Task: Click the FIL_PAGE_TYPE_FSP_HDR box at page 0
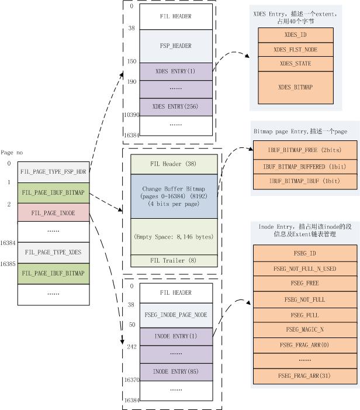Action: pyautogui.click(x=53, y=172)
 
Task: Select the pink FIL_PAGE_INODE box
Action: pyautogui.click(x=53, y=213)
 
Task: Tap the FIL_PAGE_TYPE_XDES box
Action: pyautogui.click(x=53, y=252)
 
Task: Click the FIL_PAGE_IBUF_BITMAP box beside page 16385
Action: pyautogui.click(x=53, y=273)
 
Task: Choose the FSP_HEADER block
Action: pyautogui.click(x=175, y=46)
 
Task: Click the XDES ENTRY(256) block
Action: pyautogui.click(x=175, y=106)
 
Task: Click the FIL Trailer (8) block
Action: pyautogui.click(x=174, y=260)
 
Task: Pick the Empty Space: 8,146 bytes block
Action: pyautogui.click(x=174, y=236)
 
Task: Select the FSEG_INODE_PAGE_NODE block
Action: pyautogui.click(x=175, y=315)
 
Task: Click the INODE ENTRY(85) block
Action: pyautogui.click(x=175, y=371)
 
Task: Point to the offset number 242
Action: pyautogui.click(x=131, y=346)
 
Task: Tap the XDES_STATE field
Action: pyautogui.click(x=295, y=63)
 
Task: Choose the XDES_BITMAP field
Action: pyautogui.click(x=295, y=87)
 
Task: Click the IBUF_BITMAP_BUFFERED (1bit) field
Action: pyautogui.click(x=304, y=166)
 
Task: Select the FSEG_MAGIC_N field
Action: pyautogui.click(x=304, y=329)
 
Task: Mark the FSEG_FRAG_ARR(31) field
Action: pyautogui.click(x=304, y=375)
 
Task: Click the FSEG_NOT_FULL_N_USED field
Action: pyautogui.click(x=304, y=268)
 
